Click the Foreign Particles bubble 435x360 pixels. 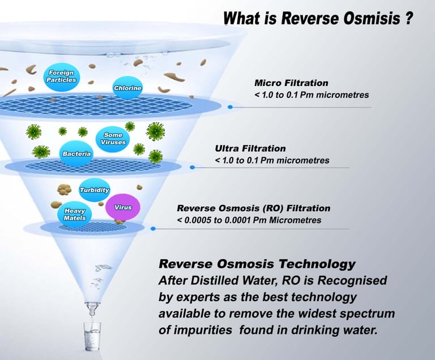[x=62, y=77]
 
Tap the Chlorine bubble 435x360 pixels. [x=127, y=88]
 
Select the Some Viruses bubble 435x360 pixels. [x=113, y=139]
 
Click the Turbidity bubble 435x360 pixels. [x=94, y=190]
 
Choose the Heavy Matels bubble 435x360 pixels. [x=74, y=213]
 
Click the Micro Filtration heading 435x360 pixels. [x=291, y=83]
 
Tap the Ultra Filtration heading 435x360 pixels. [x=250, y=148]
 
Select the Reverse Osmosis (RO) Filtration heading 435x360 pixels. [x=253, y=208]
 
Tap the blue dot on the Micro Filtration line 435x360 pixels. [x=230, y=106]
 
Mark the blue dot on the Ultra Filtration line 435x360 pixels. [x=193, y=167]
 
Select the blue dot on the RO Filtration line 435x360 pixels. [x=153, y=229]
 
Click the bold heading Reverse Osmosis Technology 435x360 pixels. [x=257, y=264]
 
